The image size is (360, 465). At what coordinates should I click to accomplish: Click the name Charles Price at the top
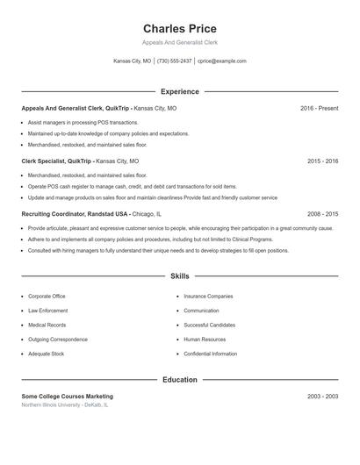click(x=179, y=29)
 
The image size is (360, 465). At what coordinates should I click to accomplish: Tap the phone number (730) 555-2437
click(x=174, y=61)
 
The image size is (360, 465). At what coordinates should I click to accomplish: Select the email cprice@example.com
click(x=221, y=61)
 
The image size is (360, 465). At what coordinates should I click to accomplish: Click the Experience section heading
click(x=179, y=91)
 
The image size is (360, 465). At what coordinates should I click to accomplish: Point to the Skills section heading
click(x=179, y=276)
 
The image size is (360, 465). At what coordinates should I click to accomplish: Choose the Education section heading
click(x=179, y=380)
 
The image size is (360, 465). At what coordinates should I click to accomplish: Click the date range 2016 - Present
click(x=319, y=108)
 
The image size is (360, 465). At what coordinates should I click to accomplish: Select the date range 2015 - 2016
click(x=322, y=161)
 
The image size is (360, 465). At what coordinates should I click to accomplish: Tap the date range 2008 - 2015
click(x=322, y=213)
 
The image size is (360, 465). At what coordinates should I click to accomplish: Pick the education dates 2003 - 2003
click(x=322, y=397)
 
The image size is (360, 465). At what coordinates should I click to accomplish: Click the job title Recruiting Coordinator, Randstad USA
click(x=76, y=213)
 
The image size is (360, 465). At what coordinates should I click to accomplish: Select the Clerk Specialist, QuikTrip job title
click(x=57, y=161)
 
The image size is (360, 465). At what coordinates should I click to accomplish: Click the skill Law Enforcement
click(x=47, y=311)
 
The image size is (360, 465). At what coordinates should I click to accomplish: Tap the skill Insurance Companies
click(x=208, y=297)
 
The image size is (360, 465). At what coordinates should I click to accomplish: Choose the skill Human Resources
click(x=205, y=339)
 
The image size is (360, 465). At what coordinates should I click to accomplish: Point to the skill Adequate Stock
click(x=46, y=354)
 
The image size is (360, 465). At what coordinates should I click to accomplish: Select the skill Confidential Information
click(x=211, y=354)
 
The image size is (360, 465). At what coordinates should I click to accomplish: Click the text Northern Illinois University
click(x=52, y=405)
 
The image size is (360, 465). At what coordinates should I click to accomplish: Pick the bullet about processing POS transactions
click(x=83, y=123)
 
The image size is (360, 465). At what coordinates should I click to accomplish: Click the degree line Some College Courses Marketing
click(x=67, y=397)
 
